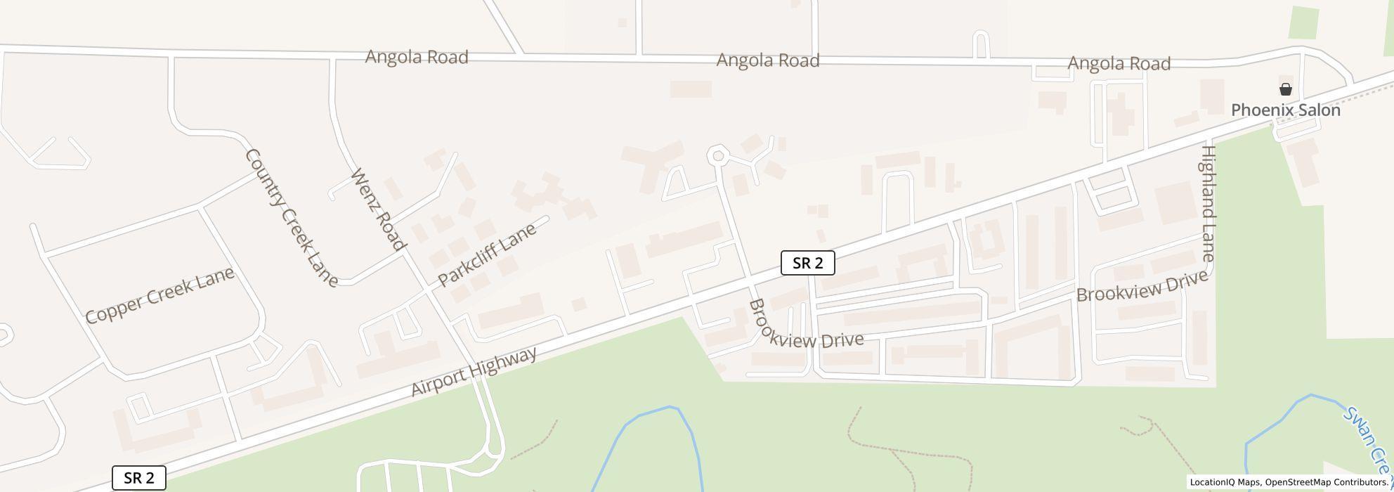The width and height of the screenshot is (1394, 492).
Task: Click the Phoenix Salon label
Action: click(1285, 110)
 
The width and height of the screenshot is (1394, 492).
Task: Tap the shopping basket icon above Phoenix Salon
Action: click(1285, 89)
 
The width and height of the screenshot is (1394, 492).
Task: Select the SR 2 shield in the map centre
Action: click(807, 264)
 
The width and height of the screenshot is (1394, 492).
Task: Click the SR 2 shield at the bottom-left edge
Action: click(139, 479)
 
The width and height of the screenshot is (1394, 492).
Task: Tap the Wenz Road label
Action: click(378, 209)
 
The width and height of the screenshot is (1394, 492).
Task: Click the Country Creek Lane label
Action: click(291, 217)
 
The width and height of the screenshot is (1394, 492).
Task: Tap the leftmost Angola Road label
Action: click(417, 57)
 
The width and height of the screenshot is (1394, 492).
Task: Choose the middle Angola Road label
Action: click(768, 60)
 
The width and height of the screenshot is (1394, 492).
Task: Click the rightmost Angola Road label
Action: click(1119, 64)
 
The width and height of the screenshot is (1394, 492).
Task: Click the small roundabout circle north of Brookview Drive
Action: click(717, 155)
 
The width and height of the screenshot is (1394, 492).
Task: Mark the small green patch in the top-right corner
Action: click(1303, 23)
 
